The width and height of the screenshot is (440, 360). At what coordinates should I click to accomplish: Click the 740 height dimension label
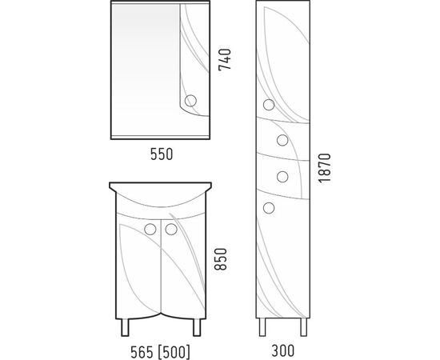coord(225,60)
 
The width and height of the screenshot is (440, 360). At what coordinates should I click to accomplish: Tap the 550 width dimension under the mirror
coord(162,154)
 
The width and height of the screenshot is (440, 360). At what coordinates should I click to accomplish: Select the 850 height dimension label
coord(220,259)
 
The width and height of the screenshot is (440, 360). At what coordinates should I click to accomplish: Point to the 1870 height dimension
coord(325,168)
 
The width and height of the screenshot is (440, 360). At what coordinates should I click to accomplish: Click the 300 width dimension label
coord(283,350)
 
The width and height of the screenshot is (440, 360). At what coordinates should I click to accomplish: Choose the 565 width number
coord(142,352)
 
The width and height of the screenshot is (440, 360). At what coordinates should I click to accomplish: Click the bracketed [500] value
coord(174,352)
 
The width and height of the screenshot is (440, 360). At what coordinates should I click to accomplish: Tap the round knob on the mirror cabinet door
coord(190,101)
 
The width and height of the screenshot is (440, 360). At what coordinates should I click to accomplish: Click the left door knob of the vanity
coord(150,230)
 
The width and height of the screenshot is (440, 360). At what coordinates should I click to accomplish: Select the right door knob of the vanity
coord(171,230)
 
